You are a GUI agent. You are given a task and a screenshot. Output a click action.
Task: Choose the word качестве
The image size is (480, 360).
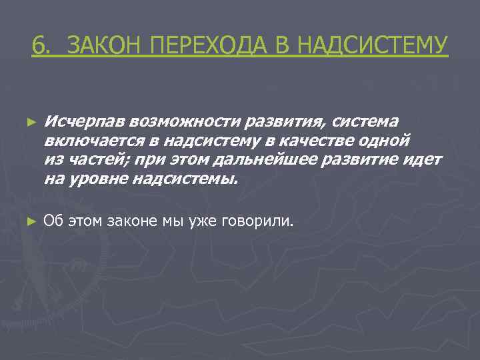coord(319,141)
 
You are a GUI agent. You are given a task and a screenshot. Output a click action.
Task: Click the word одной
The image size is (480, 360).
coord(386,141)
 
